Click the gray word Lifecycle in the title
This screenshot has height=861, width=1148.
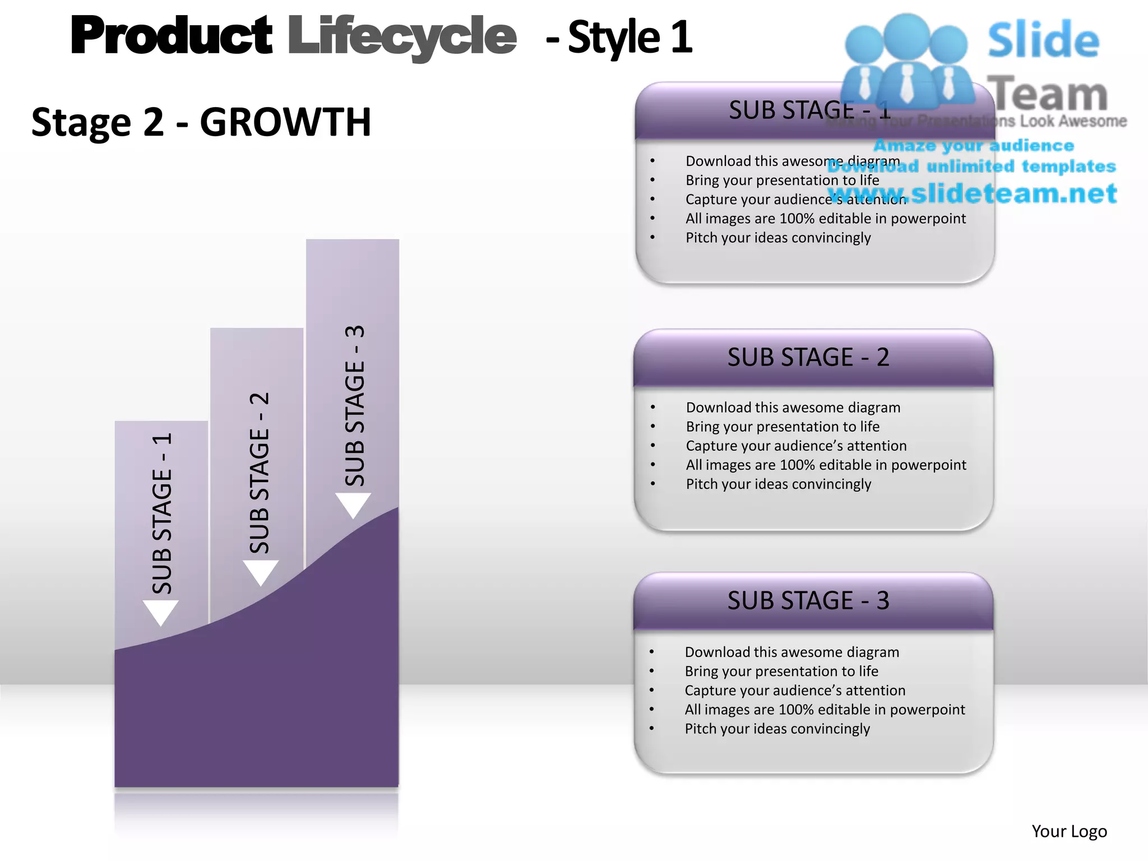(x=401, y=37)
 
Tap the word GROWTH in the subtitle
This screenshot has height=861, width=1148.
(x=285, y=122)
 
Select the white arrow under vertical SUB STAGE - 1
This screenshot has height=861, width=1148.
(x=161, y=612)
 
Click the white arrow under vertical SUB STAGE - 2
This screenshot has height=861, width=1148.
(x=261, y=572)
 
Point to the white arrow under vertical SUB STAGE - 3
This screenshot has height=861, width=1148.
(x=353, y=505)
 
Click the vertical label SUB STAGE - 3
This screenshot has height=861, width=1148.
(x=355, y=405)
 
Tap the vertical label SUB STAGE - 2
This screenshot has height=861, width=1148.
(x=260, y=473)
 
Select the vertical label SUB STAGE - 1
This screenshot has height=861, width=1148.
(x=162, y=513)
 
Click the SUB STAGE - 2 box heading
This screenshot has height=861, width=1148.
(x=808, y=357)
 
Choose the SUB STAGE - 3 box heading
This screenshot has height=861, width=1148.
(x=808, y=600)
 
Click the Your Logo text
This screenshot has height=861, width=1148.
(x=1069, y=831)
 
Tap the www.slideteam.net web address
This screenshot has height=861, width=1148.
(x=973, y=193)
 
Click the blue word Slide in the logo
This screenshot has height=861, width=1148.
(x=1043, y=40)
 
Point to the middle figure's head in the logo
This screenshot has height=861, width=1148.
(x=906, y=35)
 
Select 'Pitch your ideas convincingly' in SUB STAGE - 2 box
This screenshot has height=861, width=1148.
(x=779, y=484)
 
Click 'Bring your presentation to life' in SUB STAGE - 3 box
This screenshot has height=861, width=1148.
(x=781, y=671)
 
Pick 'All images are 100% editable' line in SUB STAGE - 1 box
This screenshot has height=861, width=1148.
(x=825, y=218)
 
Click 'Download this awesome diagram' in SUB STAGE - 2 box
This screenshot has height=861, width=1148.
(x=793, y=408)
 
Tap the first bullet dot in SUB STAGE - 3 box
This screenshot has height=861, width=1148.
(x=652, y=652)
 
